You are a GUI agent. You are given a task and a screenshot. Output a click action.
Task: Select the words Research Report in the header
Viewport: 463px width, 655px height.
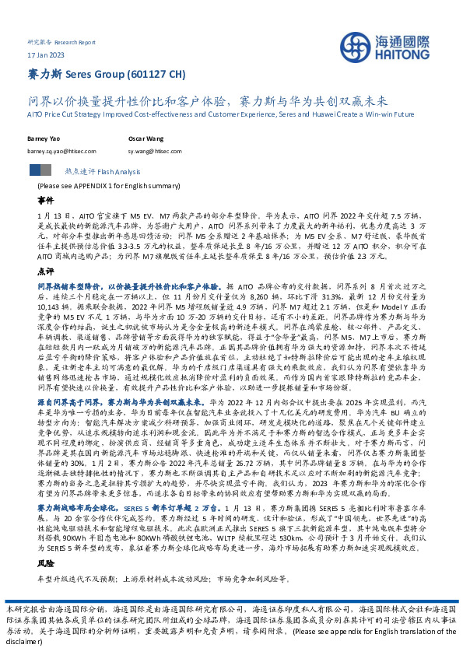(x=81, y=41)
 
